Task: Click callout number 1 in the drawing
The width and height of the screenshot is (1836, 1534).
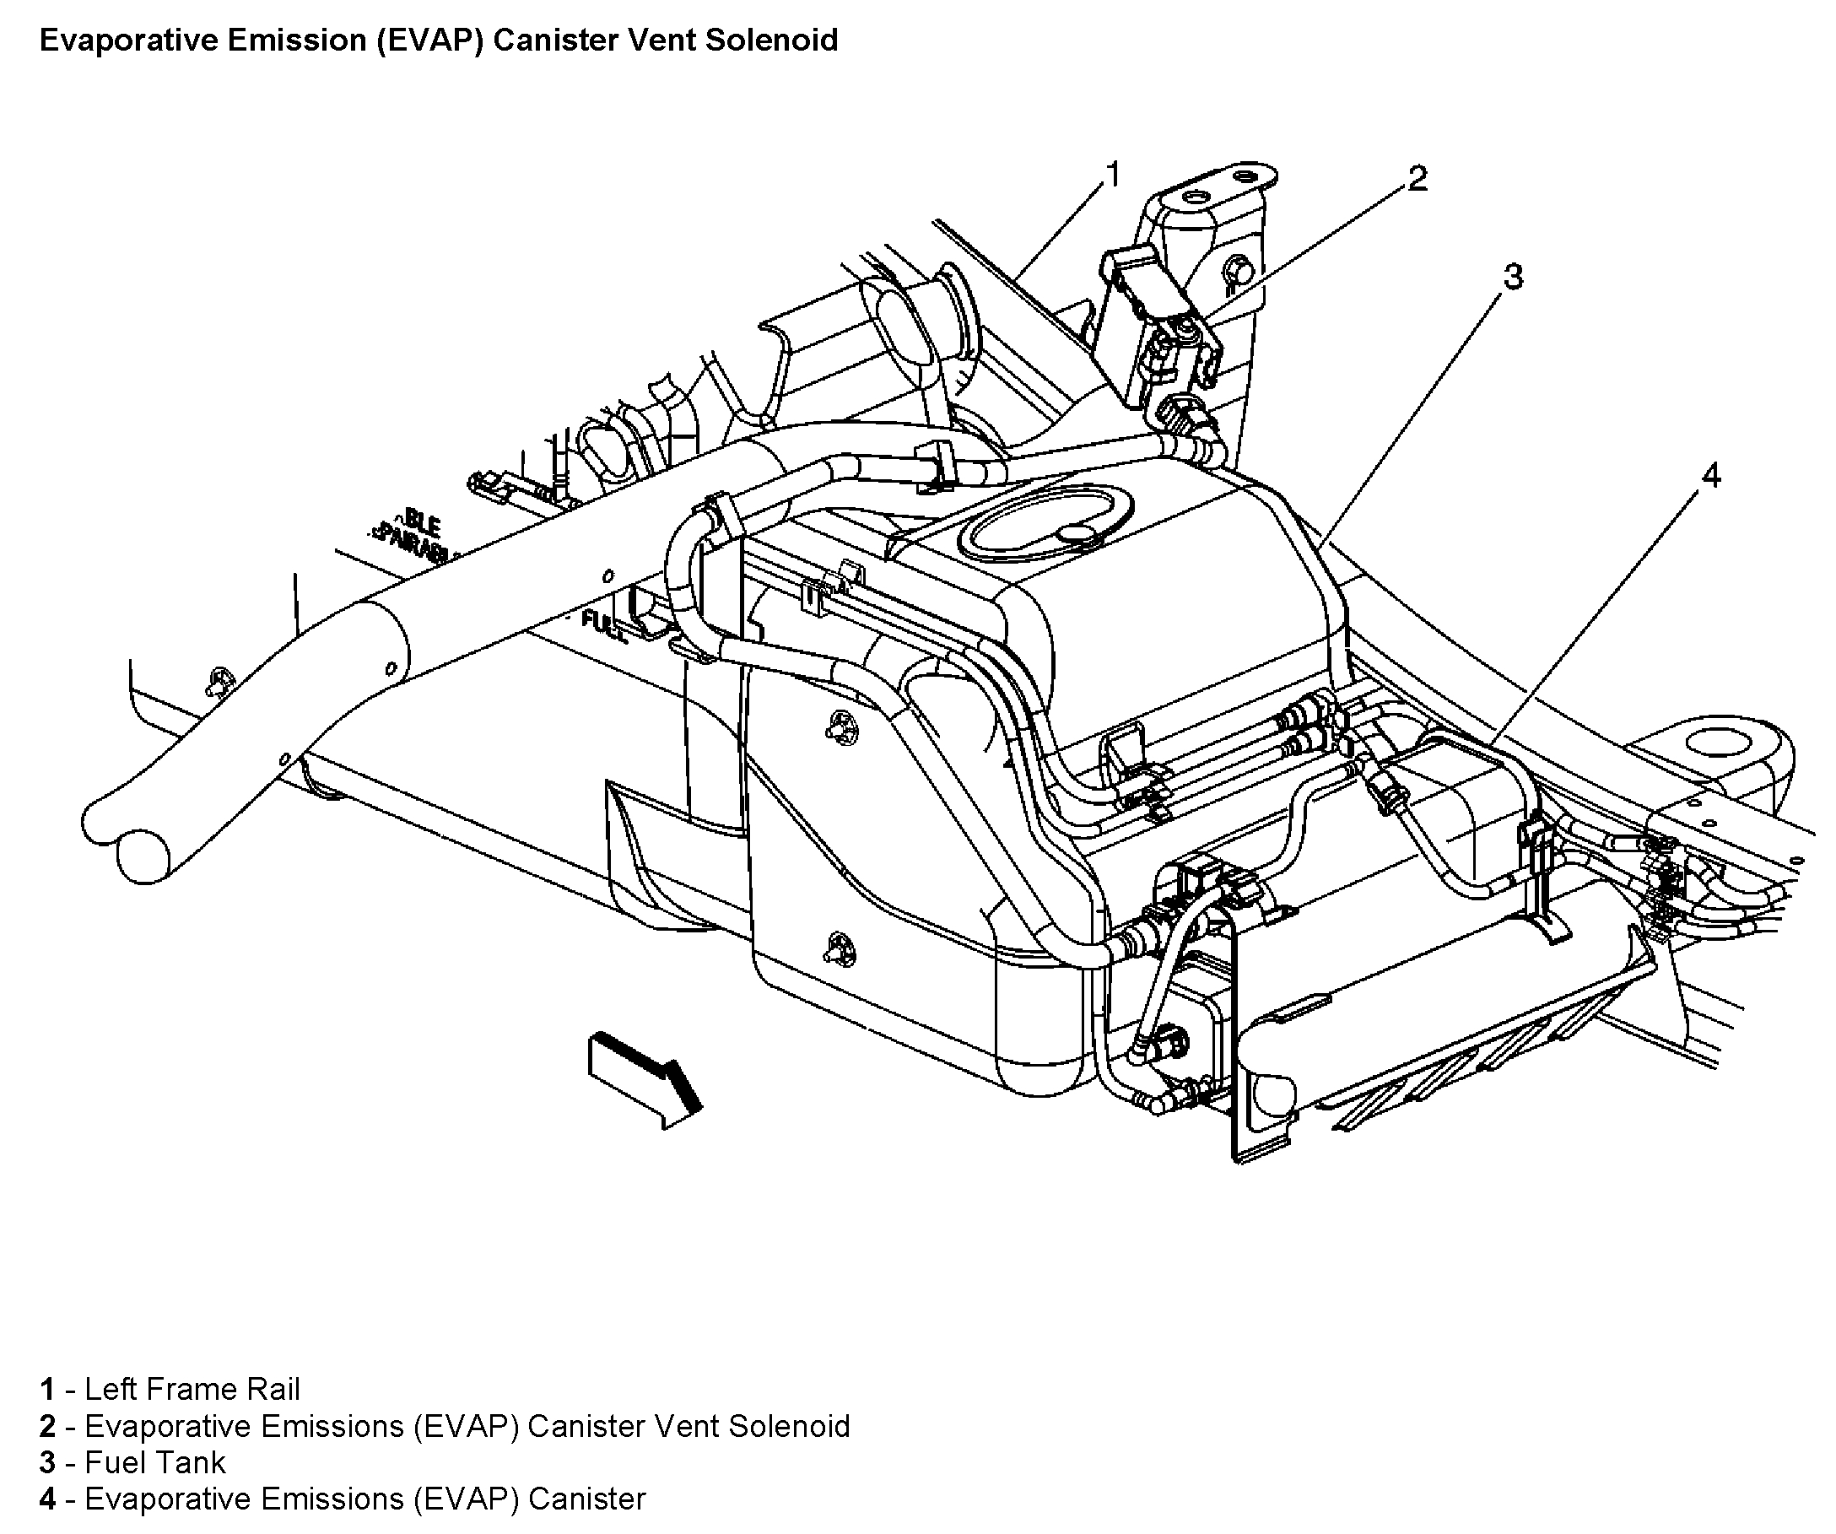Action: point(1112,175)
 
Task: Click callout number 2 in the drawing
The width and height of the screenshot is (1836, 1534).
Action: point(1417,179)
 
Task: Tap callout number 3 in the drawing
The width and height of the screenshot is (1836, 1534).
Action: point(1513,277)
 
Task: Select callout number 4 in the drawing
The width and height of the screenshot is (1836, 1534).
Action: point(1711,477)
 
